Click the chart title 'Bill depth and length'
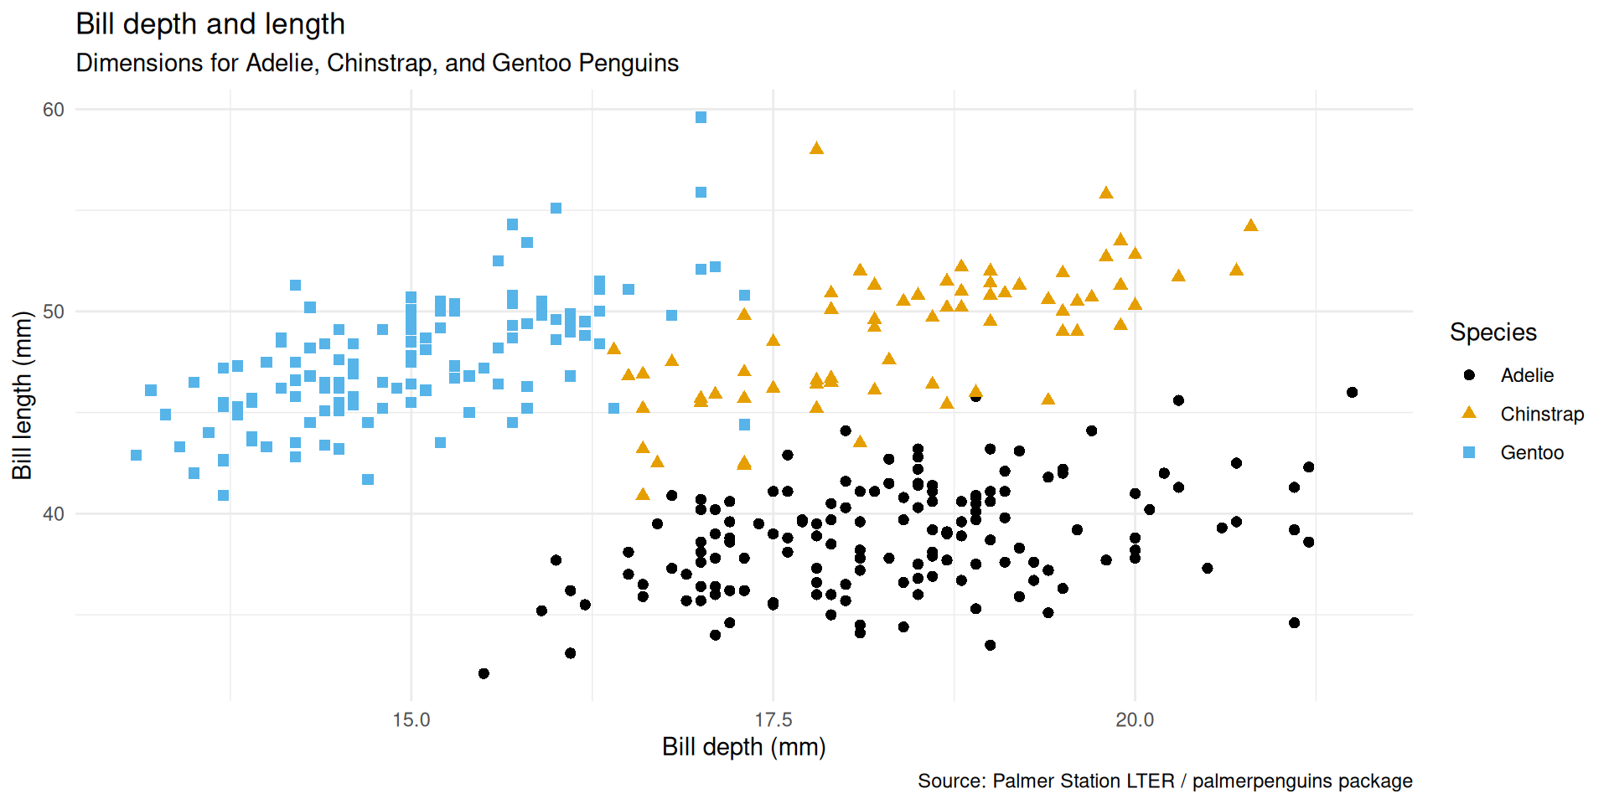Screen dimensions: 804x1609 pyautogui.click(x=210, y=24)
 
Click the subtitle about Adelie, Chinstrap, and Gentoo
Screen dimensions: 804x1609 pyautogui.click(x=377, y=63)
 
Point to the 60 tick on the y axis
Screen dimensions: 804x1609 pyautogui.click(x=54, y=110)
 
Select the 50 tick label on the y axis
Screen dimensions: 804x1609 pyautogui.click(x=54, y=312)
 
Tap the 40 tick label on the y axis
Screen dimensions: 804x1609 pyautogui.click(x=54, y=514)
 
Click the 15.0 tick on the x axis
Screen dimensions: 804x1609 pyautogui.click(x=411, y=720)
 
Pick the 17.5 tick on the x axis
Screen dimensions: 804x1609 pyautogui.click(x=773, y=720)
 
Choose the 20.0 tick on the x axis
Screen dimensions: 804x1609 pyautogui.click(x=1135, y=720)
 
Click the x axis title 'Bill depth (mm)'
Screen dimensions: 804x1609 pyautogui.click(x=743, y=747)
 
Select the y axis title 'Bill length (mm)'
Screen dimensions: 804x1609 pyautogui.click(x=23, y=395)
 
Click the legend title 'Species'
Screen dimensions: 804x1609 pyautogui.click(x=1493, y=332)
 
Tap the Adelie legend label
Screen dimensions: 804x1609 pyautogui.click(x=1527, y=375)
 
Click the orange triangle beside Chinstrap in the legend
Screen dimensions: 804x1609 pyautogui.click(x=1469, y=413)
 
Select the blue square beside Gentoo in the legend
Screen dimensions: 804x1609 pyautogui.click(x=1469, y=452)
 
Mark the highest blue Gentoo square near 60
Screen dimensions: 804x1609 pyautogui.click(x=701, y=117)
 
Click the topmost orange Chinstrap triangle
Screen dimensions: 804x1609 pyautogui.click(x=816, y=148)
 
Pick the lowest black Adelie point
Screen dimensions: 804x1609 pyautogui.click(x=484, y=673)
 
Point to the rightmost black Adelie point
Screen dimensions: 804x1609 pyautogui.click(x=1352, y=392)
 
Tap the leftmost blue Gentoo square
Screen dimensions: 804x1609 pyautogui.click(x=136, y=455)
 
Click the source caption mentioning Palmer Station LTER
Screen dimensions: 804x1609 pyautogui.click(x=1165, y=781)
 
